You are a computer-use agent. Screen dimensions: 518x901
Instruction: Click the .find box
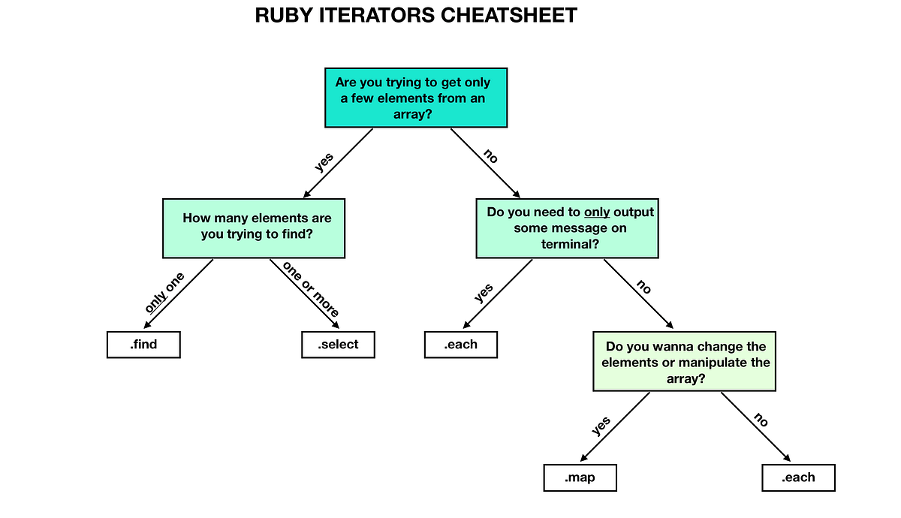pos(143,345)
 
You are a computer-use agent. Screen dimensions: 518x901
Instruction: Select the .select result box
pos(337,345)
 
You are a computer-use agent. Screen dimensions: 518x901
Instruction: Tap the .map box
pos(580,477)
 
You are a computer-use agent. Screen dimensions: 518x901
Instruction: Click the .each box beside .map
pos(797,477)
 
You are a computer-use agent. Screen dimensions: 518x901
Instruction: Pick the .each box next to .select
pos(460,345)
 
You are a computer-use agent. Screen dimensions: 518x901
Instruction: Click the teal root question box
pos(417,98)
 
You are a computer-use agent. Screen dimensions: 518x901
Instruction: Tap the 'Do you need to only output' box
pos(567,227)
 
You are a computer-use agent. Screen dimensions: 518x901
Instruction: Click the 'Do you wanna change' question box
pos(684,362)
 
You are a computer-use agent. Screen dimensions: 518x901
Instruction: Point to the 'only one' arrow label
pos(164,293)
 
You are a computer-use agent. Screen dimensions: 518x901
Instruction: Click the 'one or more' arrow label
pos(311,289)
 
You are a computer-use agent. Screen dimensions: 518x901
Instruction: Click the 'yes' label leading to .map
pos(601,426)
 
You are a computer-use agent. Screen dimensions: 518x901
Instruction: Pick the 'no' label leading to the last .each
pos(760,420)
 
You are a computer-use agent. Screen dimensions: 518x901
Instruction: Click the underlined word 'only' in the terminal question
pos(597,212)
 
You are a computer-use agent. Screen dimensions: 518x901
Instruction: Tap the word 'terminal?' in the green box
pos(570,244)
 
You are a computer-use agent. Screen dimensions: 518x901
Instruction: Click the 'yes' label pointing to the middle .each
pos(484,293)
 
